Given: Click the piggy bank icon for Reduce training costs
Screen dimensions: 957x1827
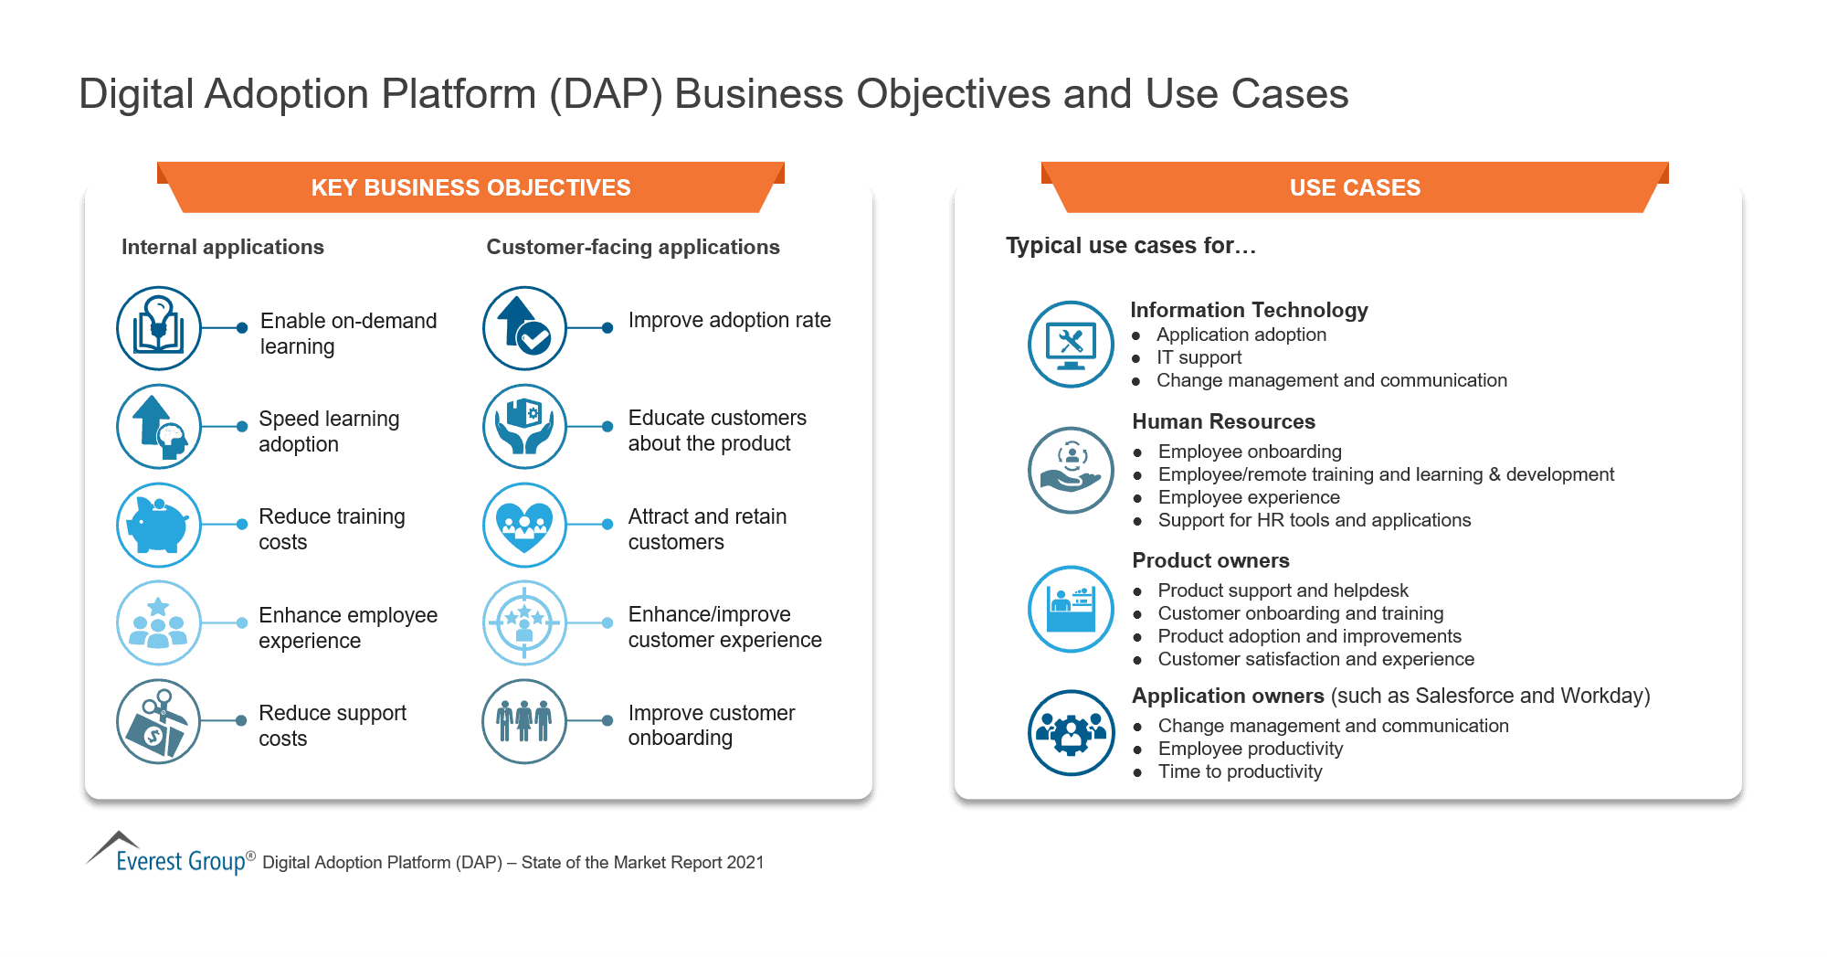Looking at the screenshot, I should tap(159, 525).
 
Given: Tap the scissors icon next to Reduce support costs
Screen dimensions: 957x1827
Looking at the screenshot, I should tap(159, 721).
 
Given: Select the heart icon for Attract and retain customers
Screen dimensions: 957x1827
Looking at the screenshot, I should tap(524, 525).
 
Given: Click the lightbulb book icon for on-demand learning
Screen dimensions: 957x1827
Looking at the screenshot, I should tap(159, 328).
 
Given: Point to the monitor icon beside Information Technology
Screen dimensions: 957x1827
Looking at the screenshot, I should tap(1071, 344).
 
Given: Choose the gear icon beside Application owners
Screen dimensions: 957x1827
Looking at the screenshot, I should tap(1071, 732).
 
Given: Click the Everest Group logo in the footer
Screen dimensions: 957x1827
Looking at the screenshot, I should tap(170, 855).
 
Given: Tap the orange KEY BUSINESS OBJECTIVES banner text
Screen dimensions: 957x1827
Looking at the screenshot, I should tap(470, 187).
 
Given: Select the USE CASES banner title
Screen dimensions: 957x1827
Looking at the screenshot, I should tap(1355, 187).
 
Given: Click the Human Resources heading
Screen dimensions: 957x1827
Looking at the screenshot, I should tap(1223, 421).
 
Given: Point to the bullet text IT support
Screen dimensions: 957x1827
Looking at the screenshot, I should tap(1199, 357).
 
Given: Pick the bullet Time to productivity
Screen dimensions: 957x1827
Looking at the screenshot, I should tap(1240, 771).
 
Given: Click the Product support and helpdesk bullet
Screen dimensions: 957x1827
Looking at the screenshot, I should tap(1283, 590).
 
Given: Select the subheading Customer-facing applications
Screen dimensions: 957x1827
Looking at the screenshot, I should tap(633, 247).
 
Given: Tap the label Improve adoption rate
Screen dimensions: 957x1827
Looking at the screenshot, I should tap(729, 320).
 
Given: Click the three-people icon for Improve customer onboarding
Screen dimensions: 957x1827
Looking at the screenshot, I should tap(524, 721).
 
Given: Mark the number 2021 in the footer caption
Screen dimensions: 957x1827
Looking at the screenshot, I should tap(745, 862).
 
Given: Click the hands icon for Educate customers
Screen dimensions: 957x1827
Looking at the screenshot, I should tap(524, 426).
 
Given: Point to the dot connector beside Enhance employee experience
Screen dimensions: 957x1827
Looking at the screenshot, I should tap(242, 622).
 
